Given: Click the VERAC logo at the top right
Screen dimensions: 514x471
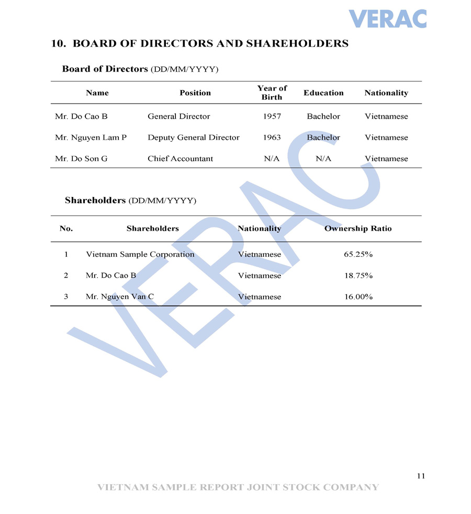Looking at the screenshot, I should click(x=388, y=19).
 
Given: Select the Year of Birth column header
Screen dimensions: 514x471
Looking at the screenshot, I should click(x=272, y=93).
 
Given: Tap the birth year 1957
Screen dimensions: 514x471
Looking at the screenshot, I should click(x=272, y=117).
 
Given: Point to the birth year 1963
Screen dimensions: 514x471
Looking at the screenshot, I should click(x=272, y=138).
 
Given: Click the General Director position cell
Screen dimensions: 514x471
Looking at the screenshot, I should click(x=178, y=117).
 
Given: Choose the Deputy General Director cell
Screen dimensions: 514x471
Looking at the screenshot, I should click(x=193, y=138).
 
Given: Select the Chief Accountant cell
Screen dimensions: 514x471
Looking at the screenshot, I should click(x=180, y=158).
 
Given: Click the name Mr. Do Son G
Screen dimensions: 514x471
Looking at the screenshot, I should click(x=81, y=158).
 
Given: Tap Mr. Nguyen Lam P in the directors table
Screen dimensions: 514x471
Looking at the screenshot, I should click(x=91, y=138).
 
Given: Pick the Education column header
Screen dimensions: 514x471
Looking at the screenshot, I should click(x=323, y=93).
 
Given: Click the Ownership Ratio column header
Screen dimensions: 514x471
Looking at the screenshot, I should click(x=358, y=229).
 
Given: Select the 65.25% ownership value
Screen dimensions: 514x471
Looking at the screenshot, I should click(x=358, y=255).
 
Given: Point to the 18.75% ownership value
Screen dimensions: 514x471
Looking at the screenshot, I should click(x=358, y=276).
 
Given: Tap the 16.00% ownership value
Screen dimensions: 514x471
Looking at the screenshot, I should click(x=358, y=296).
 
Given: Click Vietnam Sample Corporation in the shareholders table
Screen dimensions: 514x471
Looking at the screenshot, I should click(x=140, y=255).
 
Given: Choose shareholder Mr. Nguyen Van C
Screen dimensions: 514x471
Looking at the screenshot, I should click(x=120, y=296).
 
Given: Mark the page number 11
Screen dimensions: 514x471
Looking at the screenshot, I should click(x=421, y=476).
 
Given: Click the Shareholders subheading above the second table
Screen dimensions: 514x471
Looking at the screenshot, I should click(x=95, y=200).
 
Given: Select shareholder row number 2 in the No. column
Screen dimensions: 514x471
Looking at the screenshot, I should click(x=66, y=276).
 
